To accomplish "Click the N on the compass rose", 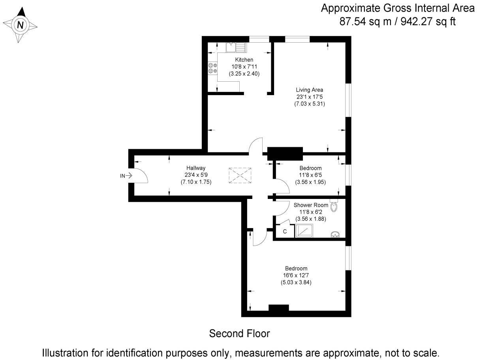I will tap(21, 26).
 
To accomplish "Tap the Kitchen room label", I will tap(244, 60).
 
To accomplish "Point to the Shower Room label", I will tap(311, 205).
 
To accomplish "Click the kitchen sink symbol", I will tap(235, 47).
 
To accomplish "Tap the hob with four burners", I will tap(213, 68).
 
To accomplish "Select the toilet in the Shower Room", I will tap(334, 206).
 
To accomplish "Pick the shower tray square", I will tap(304, 231).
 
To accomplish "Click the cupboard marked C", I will tap(285, 231).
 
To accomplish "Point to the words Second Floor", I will tap(239, 334).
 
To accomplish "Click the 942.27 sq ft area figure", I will tap(428, 22).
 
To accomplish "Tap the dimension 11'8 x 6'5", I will tap(310, 175).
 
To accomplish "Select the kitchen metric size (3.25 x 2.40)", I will tap(244, 73).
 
